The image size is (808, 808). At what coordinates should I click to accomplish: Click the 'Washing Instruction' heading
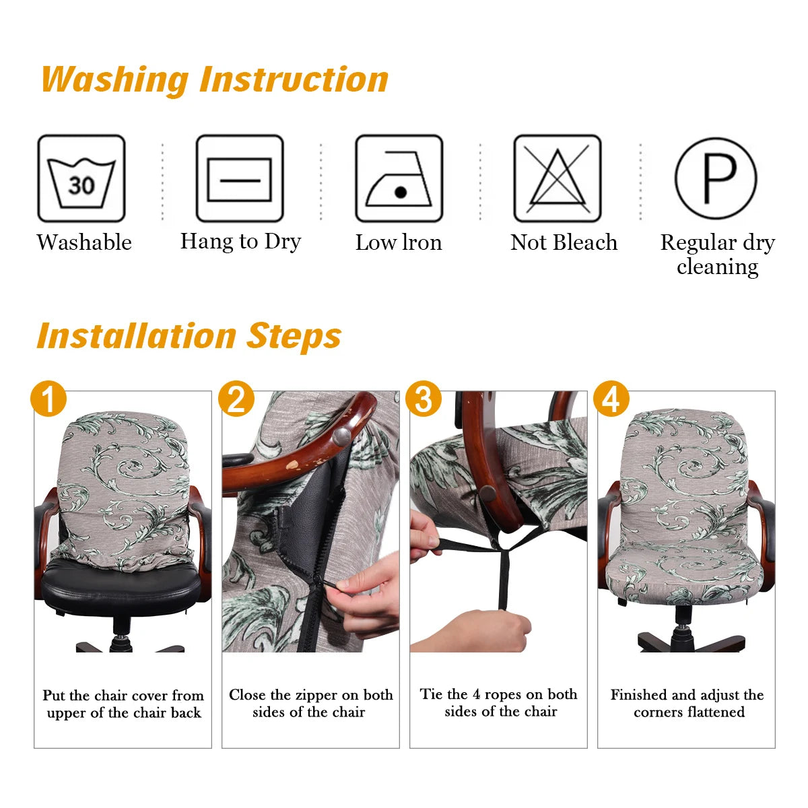(x=215, y=79)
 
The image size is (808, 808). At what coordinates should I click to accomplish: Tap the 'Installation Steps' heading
(x=189, y=336)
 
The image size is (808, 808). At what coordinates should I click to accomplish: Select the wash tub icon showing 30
(x=81, y=178)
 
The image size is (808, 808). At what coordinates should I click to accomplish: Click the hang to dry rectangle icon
(x=240, y=178)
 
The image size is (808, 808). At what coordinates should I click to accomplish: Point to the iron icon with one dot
(x=399, y=178)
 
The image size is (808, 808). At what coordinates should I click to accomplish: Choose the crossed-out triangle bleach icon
(x=557, y=178)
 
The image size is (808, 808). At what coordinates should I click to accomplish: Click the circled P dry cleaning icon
(x=716, y=178)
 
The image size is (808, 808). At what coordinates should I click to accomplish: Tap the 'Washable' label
(x=84, y=242)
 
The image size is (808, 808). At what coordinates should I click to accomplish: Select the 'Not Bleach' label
(x=564, y=242)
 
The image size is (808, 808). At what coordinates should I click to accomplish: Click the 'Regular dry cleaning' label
(x=718, y=255)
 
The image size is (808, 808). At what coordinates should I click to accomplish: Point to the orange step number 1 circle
(x=48, y=399)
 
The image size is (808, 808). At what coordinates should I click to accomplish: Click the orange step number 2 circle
(x=236, y=399)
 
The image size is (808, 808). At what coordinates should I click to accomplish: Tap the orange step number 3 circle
(x=424, y=399)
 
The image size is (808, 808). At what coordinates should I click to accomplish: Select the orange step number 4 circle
(x=611, y=399)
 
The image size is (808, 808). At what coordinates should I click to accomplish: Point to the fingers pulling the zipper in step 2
(x=367, y=593)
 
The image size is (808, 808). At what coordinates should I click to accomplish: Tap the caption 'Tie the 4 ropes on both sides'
(x=499, y=703)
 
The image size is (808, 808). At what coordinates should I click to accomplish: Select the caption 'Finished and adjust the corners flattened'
(x=687, y=703)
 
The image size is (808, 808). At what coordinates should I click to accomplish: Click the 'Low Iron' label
(x=399, y=242)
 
